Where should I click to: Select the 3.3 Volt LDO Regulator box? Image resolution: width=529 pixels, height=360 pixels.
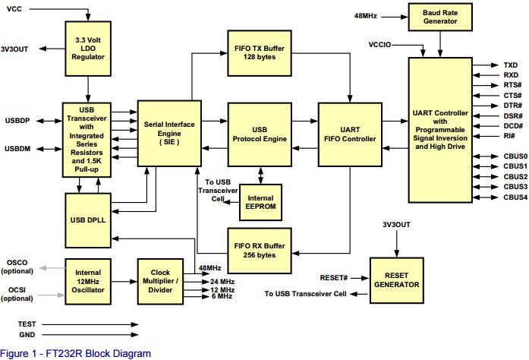coord(88,47)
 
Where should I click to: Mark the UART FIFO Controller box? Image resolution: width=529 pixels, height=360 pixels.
coord(350,133)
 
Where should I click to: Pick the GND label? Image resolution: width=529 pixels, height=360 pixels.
coord(27,333)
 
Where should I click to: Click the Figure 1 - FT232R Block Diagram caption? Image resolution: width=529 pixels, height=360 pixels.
coord(76,353)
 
